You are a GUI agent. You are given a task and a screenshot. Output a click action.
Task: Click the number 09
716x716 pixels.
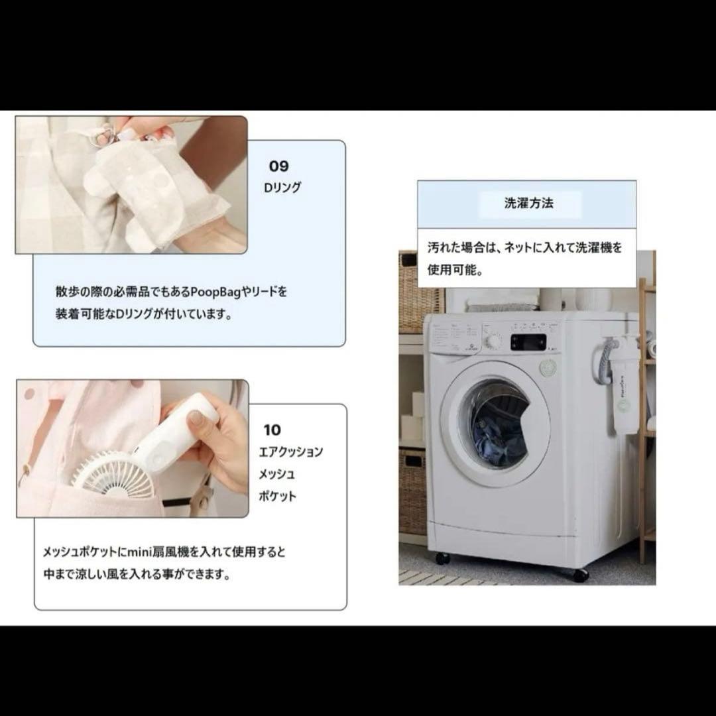279,166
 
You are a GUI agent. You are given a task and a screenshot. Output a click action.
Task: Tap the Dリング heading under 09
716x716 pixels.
282,188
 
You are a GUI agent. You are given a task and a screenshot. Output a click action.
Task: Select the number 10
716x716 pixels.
272,430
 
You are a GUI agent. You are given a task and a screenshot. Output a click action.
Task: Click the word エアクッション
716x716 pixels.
291,452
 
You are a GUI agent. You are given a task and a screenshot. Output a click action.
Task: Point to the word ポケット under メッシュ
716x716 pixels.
278,496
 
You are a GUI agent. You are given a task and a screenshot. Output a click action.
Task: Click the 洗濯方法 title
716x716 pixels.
528,204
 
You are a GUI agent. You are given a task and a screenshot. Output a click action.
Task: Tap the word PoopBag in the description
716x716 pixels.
209,291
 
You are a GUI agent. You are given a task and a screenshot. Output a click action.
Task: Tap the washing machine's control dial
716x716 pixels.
494,341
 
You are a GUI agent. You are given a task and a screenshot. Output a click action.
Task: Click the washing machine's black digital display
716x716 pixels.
528,342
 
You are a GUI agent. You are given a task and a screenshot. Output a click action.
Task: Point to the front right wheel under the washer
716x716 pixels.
580,575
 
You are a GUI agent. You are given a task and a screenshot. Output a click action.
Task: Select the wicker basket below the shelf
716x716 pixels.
412,491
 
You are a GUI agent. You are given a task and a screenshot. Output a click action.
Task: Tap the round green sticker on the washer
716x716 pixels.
548,369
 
